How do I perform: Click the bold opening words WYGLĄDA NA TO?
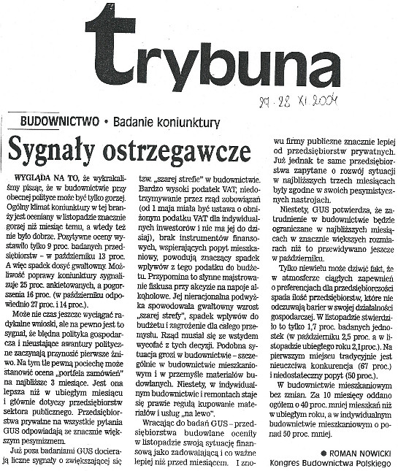click(43, 177)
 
